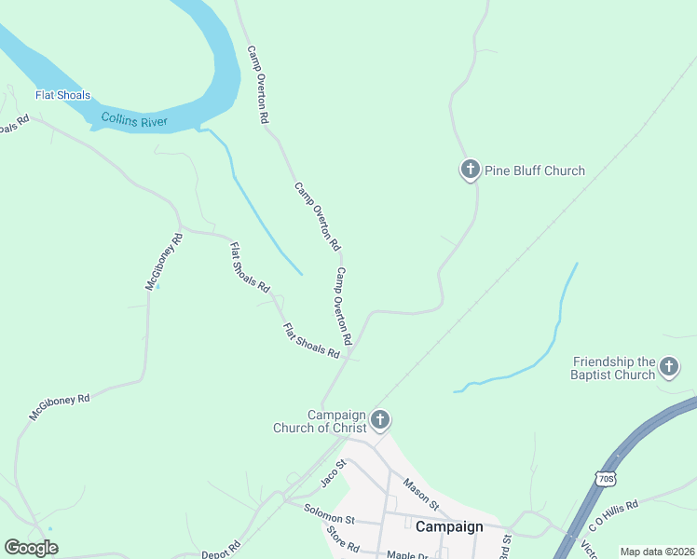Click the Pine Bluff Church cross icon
click(x=471, y=170)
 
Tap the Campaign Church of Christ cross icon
click(x=379, y=421)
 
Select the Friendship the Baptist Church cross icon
click(x=668, y=368)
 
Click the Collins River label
click(x=133, y=118)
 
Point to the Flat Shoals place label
click(x=63, y=95)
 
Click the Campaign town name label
click(x=449, y=526)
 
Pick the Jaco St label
click(x=334, y=471)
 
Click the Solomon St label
click(x=330, y=512)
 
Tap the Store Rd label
click(x=343, y=539)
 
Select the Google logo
click(x=31, y=548)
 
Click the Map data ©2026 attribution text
click(x=657, y=552)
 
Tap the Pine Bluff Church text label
click(x=535, y=170)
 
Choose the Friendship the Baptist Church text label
click(x=614, y=368)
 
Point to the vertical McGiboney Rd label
click(x=164, y=262)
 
